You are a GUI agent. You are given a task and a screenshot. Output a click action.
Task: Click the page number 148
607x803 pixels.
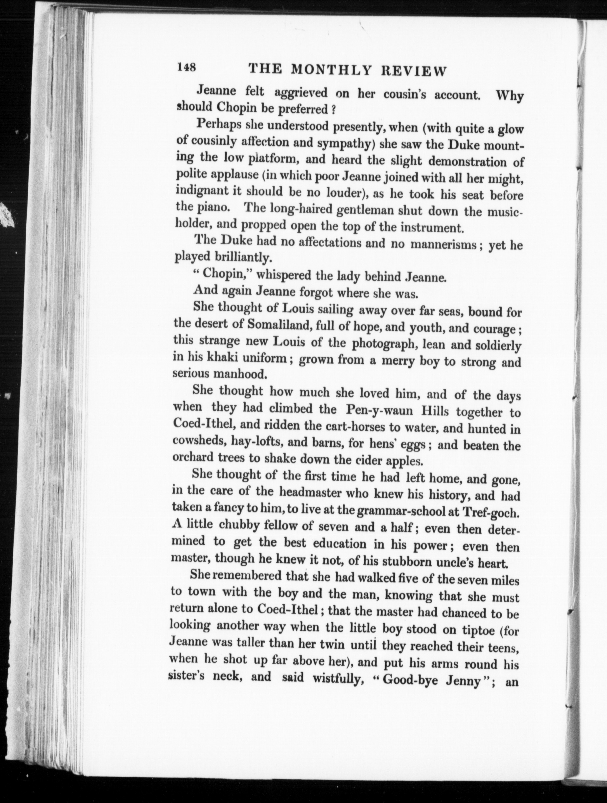[x=186, y=68]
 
